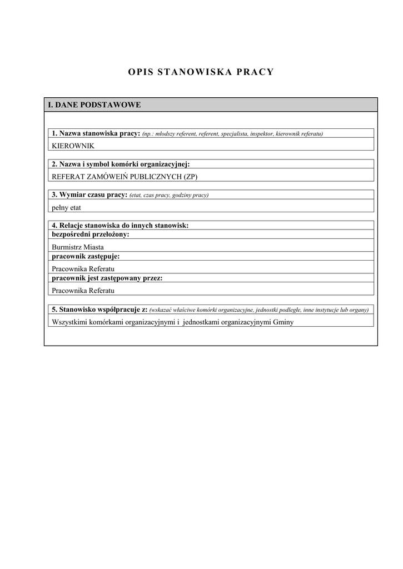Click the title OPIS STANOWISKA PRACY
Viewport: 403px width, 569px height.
[201, 72]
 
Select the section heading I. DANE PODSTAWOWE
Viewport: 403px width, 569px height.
[94, 104]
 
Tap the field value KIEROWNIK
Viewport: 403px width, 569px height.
[73, 146]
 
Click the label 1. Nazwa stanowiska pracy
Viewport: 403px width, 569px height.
[96, 133]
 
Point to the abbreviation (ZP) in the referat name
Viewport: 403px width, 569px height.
[190, 177]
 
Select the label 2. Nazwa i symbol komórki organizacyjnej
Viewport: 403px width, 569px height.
[120, 164]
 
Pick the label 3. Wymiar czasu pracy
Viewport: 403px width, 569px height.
[89, 194]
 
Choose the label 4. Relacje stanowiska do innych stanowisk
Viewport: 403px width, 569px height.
[120, 226]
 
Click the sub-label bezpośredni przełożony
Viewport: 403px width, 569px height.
[91, 234]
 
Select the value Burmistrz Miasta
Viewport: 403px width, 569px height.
[78, 247]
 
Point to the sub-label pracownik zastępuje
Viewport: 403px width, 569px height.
[86, 256]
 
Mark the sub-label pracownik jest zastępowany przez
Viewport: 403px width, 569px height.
[107, 278]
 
